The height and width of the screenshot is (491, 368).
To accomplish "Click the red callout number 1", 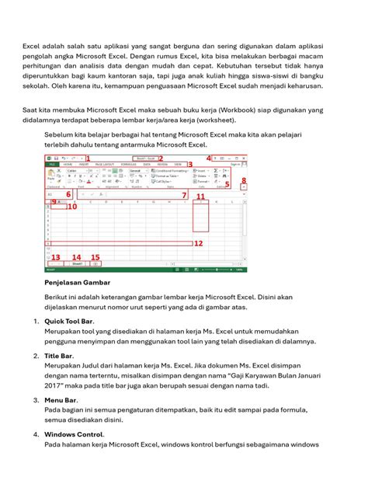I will coord(88,158).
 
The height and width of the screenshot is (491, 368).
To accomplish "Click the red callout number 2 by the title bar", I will coord(161,158).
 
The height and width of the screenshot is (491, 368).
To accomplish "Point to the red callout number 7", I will coord(184,195).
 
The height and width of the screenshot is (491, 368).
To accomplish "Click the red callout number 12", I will coord(198,243).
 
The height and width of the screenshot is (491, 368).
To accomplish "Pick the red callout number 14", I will coord(76,257).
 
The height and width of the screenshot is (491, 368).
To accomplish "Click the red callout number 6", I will coord(68,194).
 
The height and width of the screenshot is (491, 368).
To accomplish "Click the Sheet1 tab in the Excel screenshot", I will coord(78,264).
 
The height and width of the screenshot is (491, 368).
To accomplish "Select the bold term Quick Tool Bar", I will coord(68,321).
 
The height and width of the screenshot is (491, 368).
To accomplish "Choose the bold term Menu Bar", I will coord(61,400).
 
